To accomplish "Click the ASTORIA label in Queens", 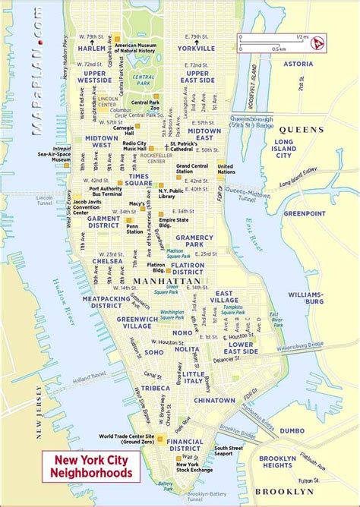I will pyautogui.click(x=298, y=65).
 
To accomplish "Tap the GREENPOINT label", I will pyautogui.click(x=304, y=213).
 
